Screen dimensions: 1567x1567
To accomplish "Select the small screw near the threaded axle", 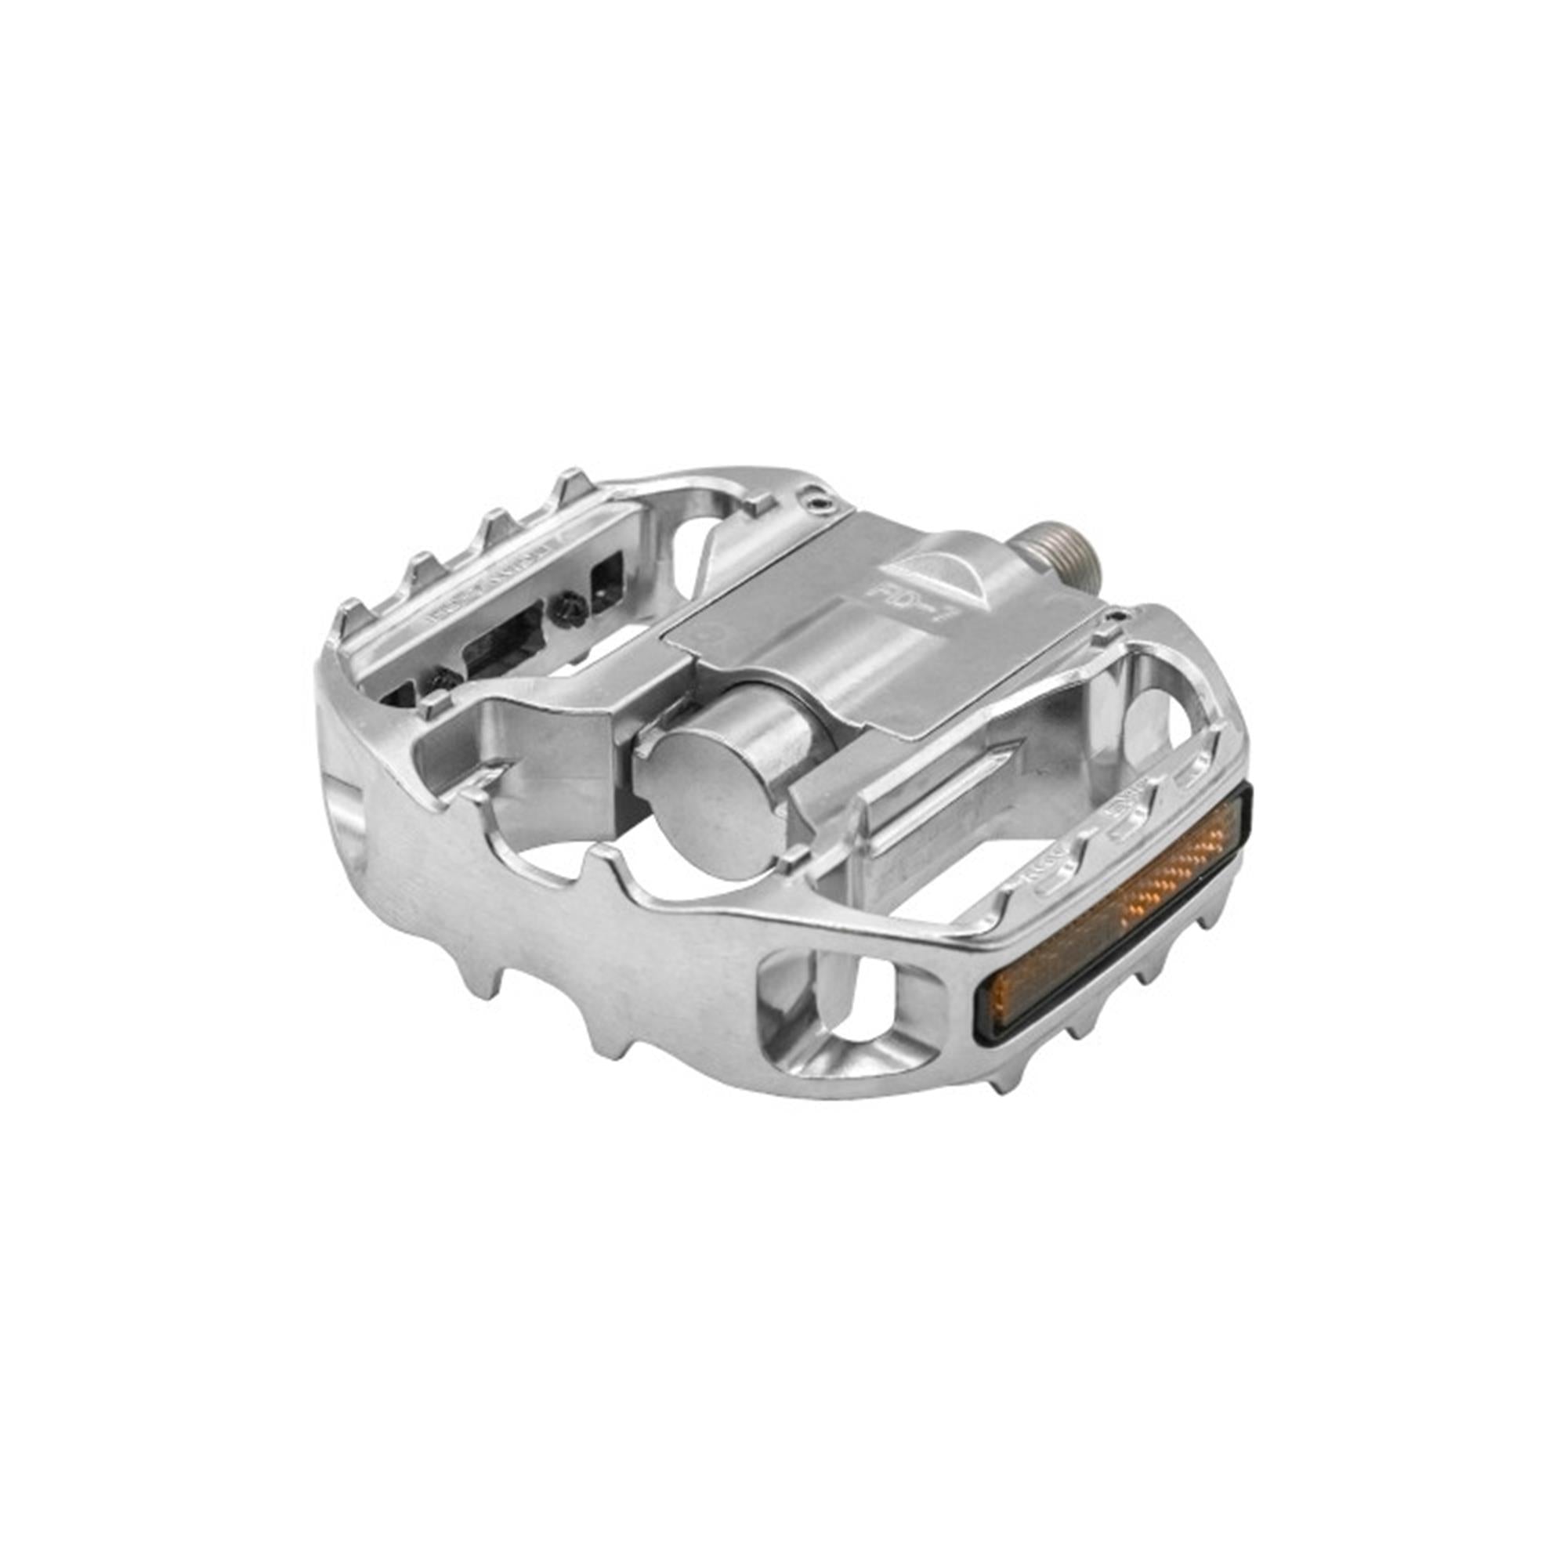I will coord(1120,619).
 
